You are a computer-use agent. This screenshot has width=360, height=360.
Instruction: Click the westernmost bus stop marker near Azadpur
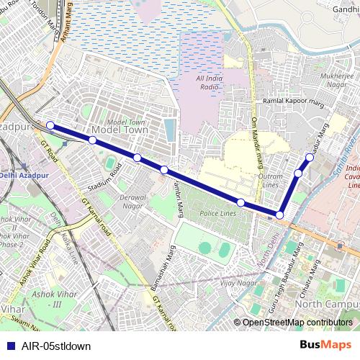click(x=50, y=125)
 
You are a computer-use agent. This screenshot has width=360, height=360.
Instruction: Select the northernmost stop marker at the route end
click(x=310, y=156)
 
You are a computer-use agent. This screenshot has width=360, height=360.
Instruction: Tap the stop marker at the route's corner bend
click(x=279, y=215)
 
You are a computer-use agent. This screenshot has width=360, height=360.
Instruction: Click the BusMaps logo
click(x=330, y=345)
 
